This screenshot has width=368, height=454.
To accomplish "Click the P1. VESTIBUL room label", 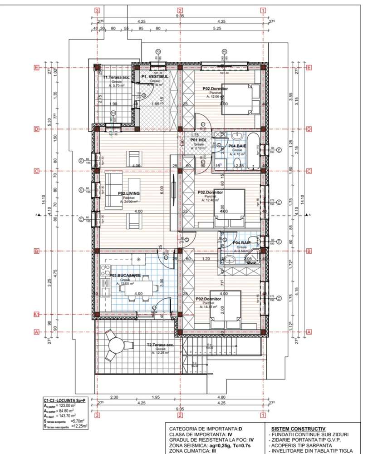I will pyautogui.click(x=155, y=77).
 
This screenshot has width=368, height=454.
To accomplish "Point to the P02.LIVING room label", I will pyautogui.click(x=128, y=193).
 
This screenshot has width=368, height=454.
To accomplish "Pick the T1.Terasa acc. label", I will pyautogui.click(x=117, y=77).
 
